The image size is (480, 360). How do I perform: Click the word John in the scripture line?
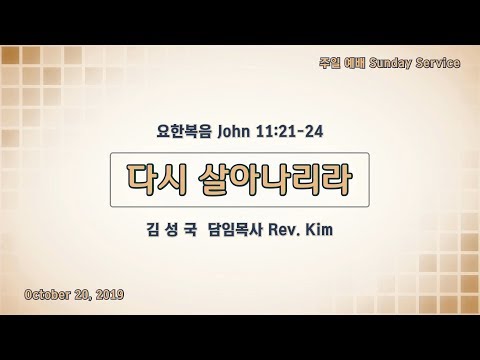(x=233, y=131)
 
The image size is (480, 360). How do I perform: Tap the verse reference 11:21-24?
(x=290, y=131)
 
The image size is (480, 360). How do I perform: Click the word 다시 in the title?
(x=156, y=179)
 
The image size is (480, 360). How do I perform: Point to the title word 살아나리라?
(x=275, y=179)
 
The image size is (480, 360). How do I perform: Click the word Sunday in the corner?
(x=390, y=63)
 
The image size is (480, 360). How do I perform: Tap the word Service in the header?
(x=438, y=63)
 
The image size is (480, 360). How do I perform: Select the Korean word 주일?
(x=330, y=63)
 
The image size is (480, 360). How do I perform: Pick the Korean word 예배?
(x=355, y=63)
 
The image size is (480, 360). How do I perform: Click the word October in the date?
(x=47, y=294)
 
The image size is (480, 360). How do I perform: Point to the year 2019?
(x=110, y=294)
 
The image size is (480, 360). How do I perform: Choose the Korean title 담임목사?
(x=235, y=230)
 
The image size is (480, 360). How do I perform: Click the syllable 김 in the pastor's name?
(x=153, y=230)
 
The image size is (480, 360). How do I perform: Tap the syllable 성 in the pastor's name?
(x=171, y=230)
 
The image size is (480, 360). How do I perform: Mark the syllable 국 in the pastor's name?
(x=190, y=230)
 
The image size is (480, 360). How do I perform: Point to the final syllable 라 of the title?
(x=337, y=179)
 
